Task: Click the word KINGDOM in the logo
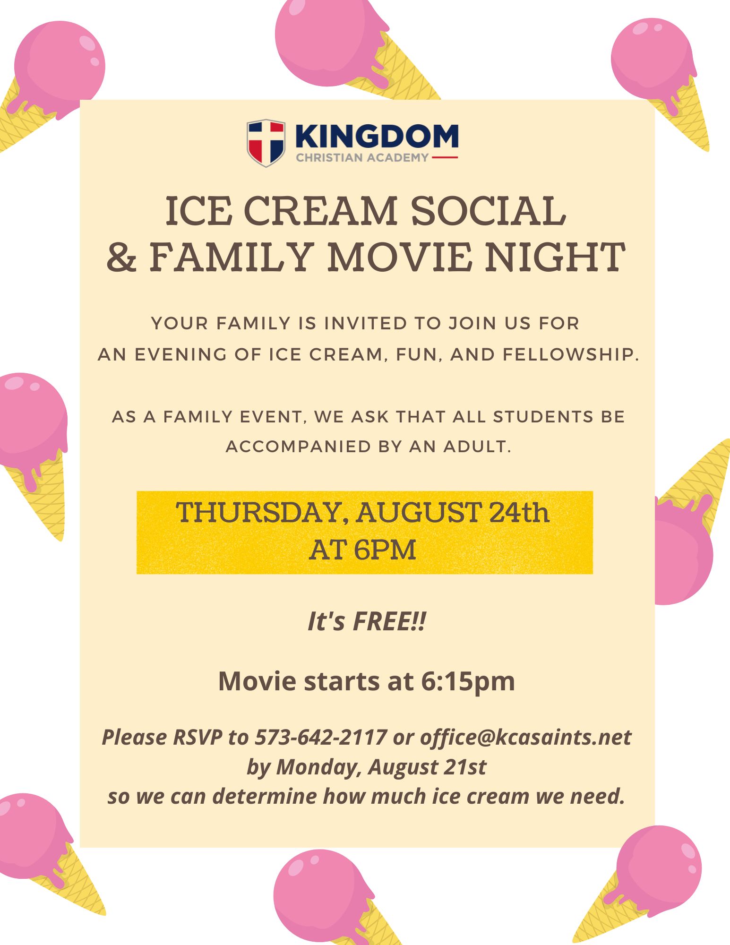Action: [377, 137]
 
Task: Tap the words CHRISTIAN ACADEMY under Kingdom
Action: [362, 158]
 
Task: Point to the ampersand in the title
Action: [122, 258]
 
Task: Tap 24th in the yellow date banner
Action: [519, 512]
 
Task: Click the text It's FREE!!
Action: [367, 621]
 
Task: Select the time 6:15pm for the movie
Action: [468, 682]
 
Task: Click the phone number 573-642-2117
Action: [321, 737]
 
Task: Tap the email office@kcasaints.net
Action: [525, 737]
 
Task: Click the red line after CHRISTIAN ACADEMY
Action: [445, 157]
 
